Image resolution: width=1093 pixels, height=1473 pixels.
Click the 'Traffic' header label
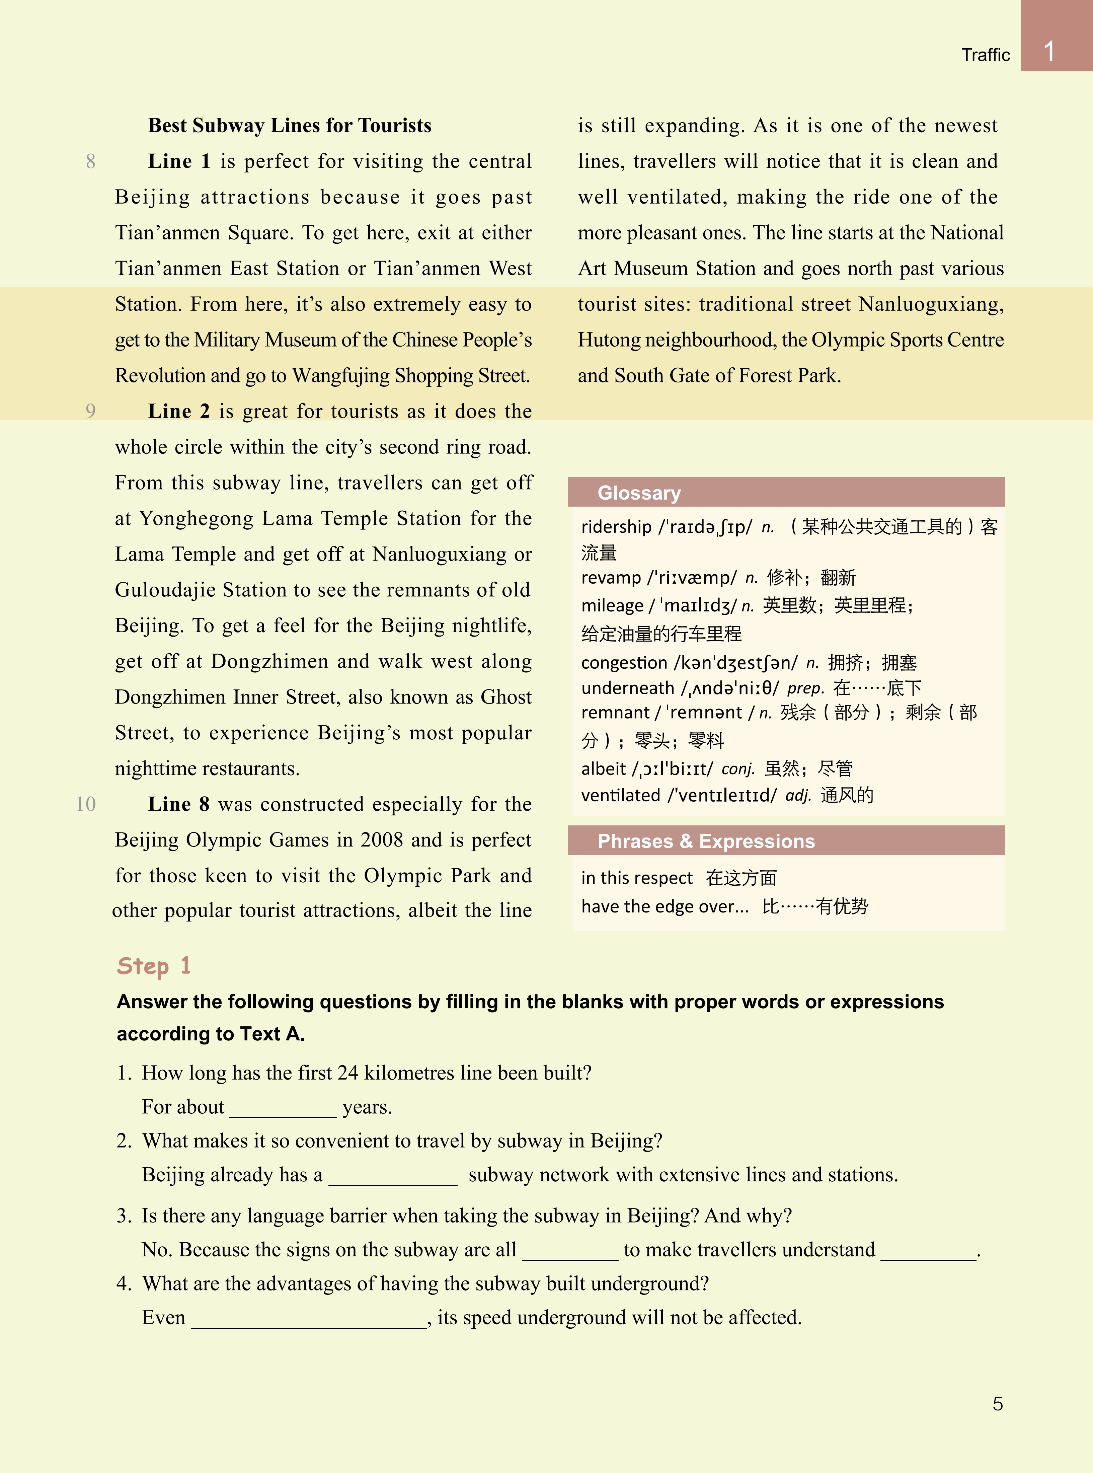985,55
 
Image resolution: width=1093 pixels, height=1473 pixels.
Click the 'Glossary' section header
638,493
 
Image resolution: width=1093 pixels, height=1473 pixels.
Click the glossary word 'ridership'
616,527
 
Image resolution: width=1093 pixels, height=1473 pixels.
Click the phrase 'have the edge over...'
664,906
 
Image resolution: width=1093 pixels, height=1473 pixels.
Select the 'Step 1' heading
154,966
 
